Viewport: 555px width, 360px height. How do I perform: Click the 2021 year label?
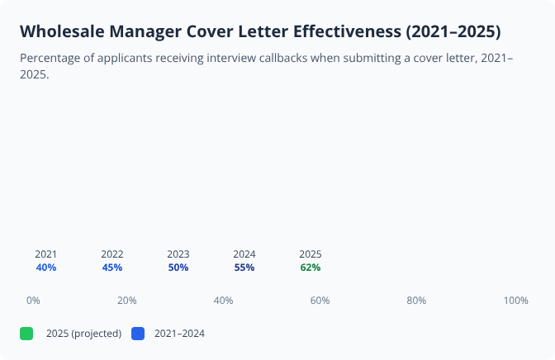(x=46, y=254)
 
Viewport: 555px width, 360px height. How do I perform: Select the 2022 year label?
(x=112, y=254)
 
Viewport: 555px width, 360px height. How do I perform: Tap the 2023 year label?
(x=178, y=254)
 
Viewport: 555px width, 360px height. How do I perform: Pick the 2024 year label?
(x=244, y=254)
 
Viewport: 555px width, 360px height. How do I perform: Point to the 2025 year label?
(x=311, y=254)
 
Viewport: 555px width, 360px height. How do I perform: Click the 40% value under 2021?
(x=46, y=268)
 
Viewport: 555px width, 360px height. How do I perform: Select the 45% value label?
(x=112, y=268)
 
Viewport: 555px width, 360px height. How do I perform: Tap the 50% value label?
(x=178, y=268)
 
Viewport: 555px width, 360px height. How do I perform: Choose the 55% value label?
(x=244, y=268)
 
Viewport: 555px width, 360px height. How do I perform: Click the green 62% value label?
(x=311, y=268)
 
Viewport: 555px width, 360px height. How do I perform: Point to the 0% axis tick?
(x=33, y=301)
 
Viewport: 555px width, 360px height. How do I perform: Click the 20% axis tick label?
(x=126, y=301)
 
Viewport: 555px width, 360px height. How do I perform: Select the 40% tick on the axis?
(x=223, y=301)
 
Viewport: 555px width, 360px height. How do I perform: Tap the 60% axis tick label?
(x=320, y=301)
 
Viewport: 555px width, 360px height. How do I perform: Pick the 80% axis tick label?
(x=416, y=301)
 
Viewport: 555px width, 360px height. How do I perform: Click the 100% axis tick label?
(x=515, y=301)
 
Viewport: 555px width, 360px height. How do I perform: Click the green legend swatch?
(x=26, y=334)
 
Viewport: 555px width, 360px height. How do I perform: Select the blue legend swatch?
(x=138, y=334)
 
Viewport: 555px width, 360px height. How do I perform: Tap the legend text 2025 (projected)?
(x=83, y=334)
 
